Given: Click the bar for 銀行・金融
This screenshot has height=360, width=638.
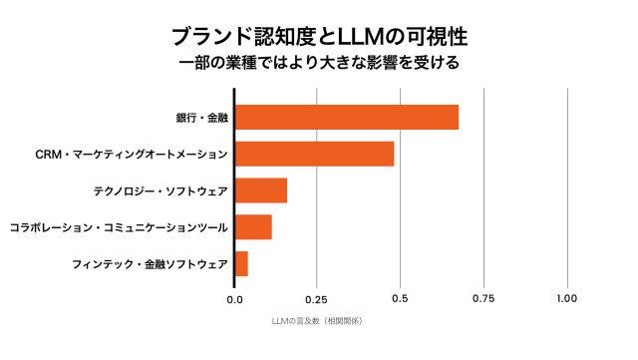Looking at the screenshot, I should coord(347,117).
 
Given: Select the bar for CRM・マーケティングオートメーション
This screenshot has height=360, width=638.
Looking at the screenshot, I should coord(315,154).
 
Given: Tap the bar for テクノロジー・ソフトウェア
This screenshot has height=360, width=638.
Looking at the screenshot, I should coord(261,190).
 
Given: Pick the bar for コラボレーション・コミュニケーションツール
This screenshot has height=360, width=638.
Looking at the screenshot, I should coord(253,226).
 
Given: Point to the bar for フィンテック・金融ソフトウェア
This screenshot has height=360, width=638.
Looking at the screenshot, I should coord(241,263).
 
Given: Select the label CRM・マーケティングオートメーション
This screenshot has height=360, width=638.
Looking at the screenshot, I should coord(131,155).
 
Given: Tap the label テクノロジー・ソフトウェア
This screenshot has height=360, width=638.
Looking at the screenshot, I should coord(160,190).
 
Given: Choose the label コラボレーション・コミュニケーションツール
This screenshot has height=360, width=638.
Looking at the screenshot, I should coord(118,227).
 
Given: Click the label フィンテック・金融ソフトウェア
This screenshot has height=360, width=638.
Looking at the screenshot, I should coord(150,264).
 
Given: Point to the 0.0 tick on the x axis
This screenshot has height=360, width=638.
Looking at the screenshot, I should coord(235,298).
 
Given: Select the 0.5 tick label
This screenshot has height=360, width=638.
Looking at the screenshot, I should coord(401,298).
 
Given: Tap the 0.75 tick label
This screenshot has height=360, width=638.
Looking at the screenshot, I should coord(484,298).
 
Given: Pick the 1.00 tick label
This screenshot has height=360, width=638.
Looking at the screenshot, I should coord(567,298).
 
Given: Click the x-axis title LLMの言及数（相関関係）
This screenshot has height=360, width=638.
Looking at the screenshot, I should coord(317,321).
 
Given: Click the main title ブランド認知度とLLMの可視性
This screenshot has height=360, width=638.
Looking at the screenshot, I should coord(318,36).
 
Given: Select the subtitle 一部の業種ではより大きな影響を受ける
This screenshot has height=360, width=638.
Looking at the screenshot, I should coord(318,64).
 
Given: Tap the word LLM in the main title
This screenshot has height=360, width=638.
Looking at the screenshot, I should coord(365,36).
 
